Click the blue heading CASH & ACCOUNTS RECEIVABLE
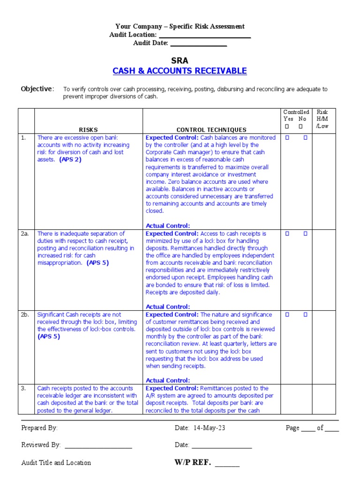point(180,71)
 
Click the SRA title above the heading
point(180,60)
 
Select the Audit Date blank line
point(198,44)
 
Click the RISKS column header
point(88,129)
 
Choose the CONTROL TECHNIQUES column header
point(211,129)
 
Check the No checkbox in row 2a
point(305,233)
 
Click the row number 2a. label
point(25,233)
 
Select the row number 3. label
point(23,388)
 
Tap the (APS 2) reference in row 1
point(70,160)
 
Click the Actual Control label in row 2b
point(168,380)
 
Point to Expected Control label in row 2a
point(172,233)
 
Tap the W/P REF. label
point(193,463)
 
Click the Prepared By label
point(39,428)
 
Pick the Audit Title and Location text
point(56,463)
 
